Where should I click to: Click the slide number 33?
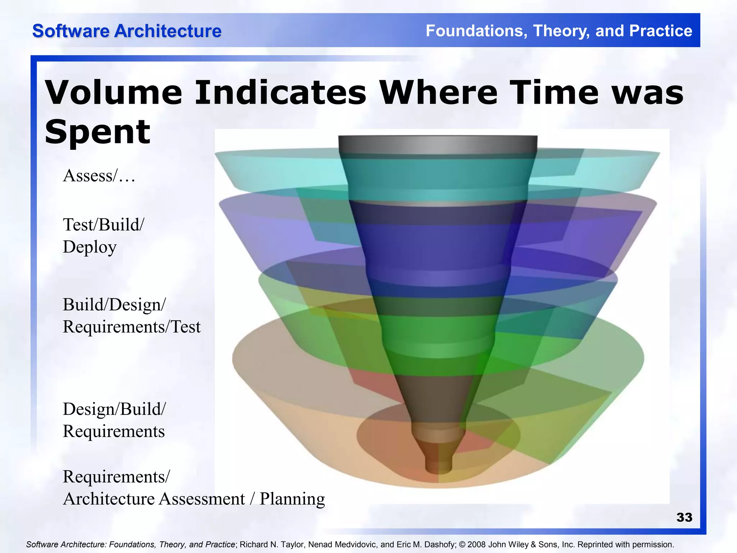(684, 517)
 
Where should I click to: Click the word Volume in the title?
(113, 93)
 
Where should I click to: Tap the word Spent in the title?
(97, 132)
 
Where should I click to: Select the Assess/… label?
(99, 176)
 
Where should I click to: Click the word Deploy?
(90, 247)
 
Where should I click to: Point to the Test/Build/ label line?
(103, 225)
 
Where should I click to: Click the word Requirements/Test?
(131, 327)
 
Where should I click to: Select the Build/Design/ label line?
(114, 305)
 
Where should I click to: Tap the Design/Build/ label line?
(114, 409)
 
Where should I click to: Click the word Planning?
(292, 499)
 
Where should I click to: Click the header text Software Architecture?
(127, 31)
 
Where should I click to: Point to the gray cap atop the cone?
(438, 145)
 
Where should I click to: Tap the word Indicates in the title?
(281, 93)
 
